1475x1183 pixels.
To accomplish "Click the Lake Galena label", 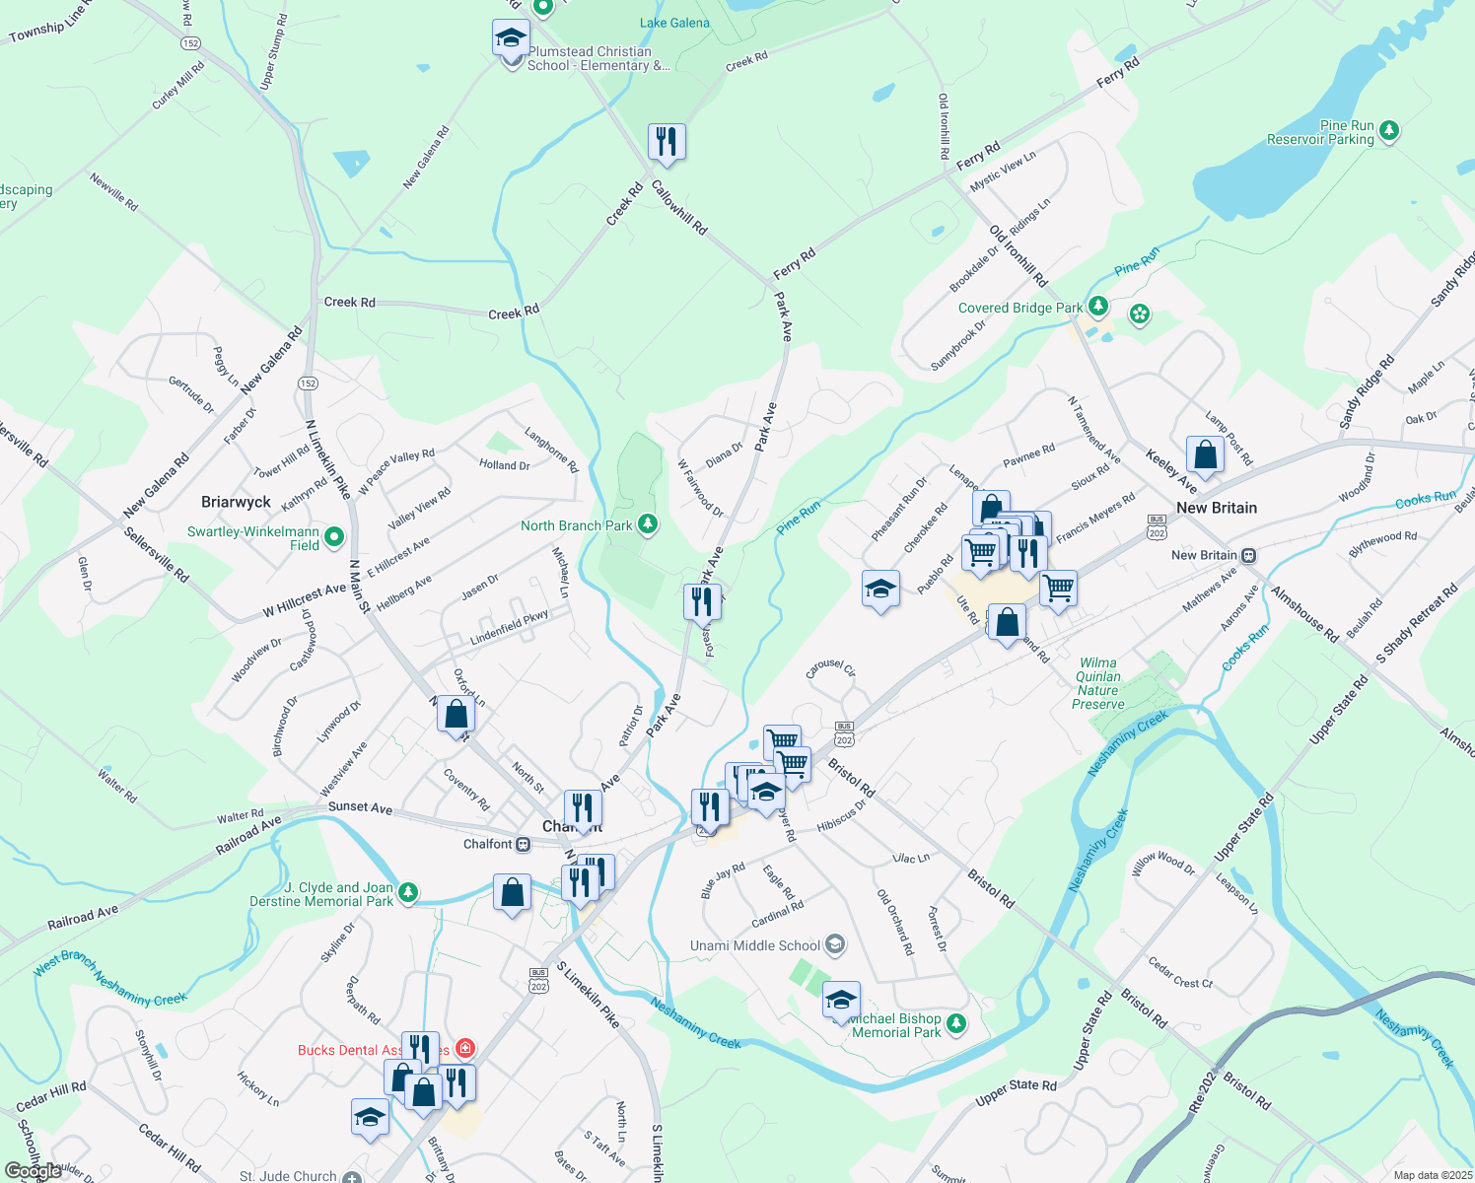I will [x=674, y=23].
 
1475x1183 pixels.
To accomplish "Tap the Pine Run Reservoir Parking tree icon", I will [x=1389, y=130].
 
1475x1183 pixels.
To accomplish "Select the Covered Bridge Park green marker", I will [x=1098, y=306].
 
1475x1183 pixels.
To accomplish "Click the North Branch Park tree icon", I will [x=648, y=524].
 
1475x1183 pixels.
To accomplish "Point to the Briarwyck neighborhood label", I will [x=236, y=502].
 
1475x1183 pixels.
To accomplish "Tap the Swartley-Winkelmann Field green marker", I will [x=334, y=537].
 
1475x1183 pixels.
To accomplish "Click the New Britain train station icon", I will [x=1249, y=555].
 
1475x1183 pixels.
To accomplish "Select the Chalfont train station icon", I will [x=524, y=844].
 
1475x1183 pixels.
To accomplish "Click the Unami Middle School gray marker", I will [x=835, y=945].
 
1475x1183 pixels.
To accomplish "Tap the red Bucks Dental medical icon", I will [x=465, y=1049].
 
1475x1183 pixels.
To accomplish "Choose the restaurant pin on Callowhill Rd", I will [x=667, y=142].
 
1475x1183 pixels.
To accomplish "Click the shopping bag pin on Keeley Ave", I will [x=1205, y=454].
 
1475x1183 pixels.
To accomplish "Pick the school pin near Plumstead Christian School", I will [x=510, y=38].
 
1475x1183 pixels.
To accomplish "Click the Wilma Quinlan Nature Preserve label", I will [x=1098, y=683].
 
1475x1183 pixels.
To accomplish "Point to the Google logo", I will [x=33, y=1171].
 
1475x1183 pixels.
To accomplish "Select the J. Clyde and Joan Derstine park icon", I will [x=407, y=893].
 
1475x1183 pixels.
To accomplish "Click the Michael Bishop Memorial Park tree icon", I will [x=955, y=1024].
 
